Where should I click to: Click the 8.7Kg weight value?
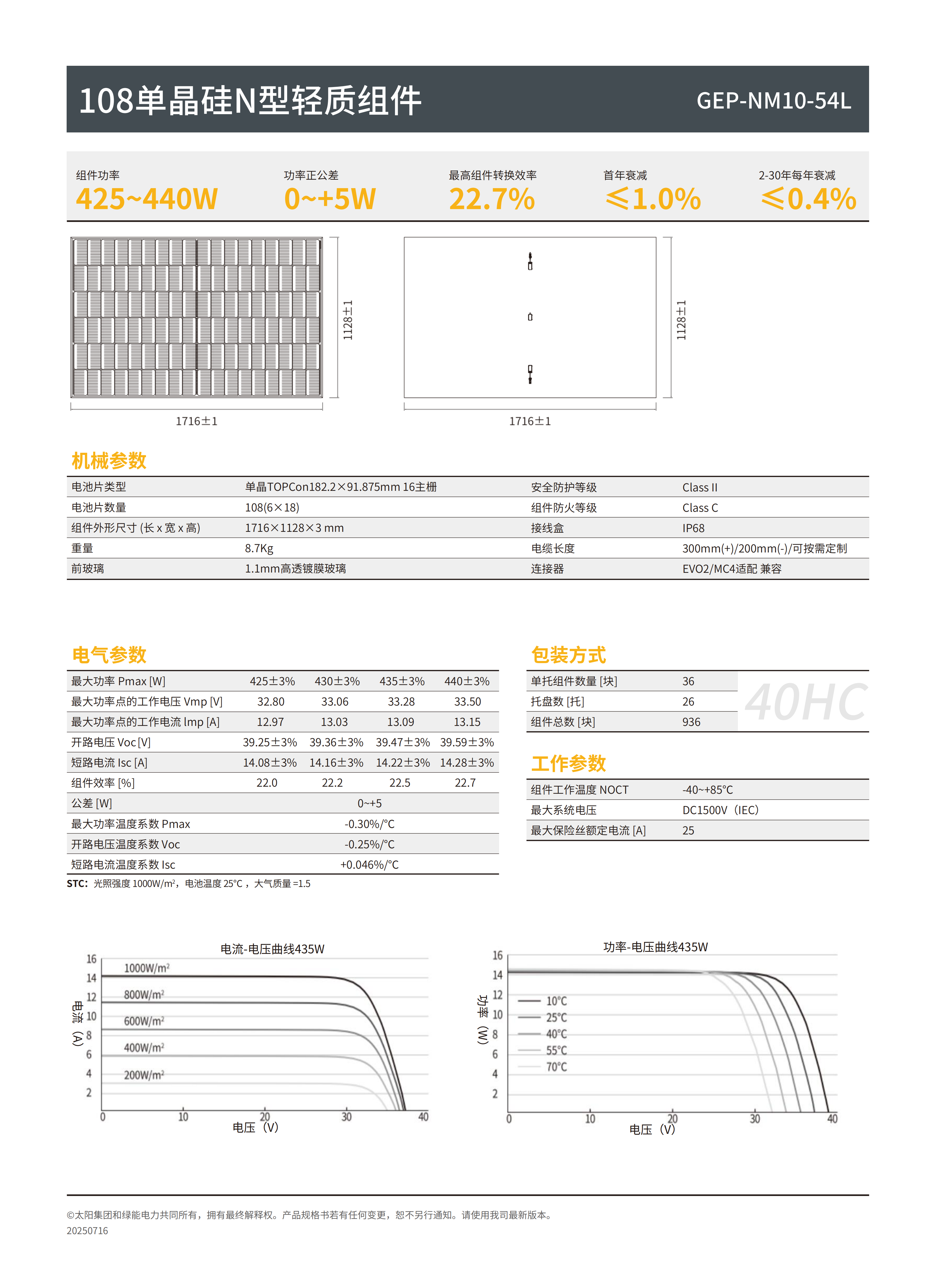pyautogui.click(x=259, y=548)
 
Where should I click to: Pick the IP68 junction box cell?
pyautogui.click(x=693, y=528)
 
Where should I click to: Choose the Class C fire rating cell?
pyautogui.click(x=700, y=507)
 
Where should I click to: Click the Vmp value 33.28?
pyautogui.click(x=401, y=701)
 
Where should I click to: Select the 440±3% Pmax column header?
pyautogui.click(x=467, y=681)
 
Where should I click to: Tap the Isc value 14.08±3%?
pyautogui.click(x=270, y=762)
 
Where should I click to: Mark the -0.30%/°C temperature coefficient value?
pyautogui.click(x=369, y=824)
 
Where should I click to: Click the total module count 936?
pyautogui.click(x=691, y=722)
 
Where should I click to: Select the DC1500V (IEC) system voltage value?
pyautogui.click(x=720, y=810)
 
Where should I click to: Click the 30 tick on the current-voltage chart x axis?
pyautogui.click(x=346, y=1117)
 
